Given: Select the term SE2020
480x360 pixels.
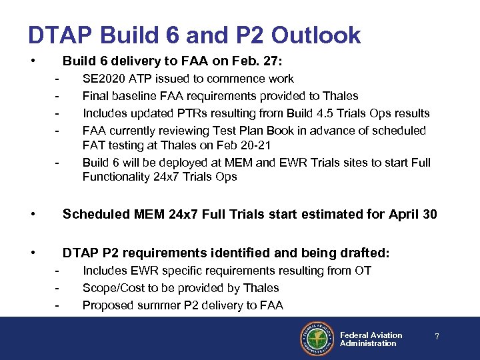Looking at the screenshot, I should point(103,79).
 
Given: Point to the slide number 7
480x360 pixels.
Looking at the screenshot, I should point(437,337).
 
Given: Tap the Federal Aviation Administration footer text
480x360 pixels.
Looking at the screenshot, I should point(371,339).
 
